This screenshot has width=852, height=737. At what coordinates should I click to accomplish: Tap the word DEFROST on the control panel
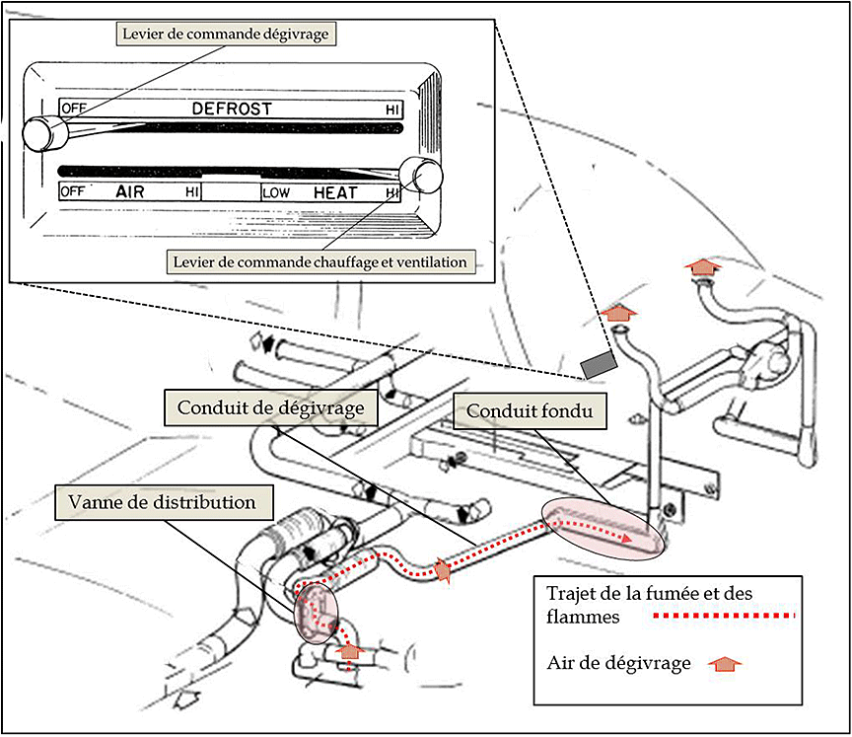point(232,109)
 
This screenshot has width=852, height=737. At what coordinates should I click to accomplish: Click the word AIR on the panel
point(129,192)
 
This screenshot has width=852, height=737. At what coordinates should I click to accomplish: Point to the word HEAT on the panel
point(335,193)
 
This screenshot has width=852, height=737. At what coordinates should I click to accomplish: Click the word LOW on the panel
point(277,193)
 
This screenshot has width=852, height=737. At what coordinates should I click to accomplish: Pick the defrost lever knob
point(39,132)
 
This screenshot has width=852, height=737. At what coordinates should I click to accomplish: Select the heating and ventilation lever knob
point(423,175)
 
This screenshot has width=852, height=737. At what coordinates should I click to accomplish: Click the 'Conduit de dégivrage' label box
point(271,406)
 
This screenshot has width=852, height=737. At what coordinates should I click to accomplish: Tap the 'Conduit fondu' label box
point(530,409)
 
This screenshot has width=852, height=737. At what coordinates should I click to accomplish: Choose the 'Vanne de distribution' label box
point(163,502)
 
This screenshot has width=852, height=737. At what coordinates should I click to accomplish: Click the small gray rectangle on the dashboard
point(598,365)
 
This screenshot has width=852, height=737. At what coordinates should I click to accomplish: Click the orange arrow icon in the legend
point(725,664)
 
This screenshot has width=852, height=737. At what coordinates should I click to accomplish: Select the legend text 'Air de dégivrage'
point(618,663)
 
